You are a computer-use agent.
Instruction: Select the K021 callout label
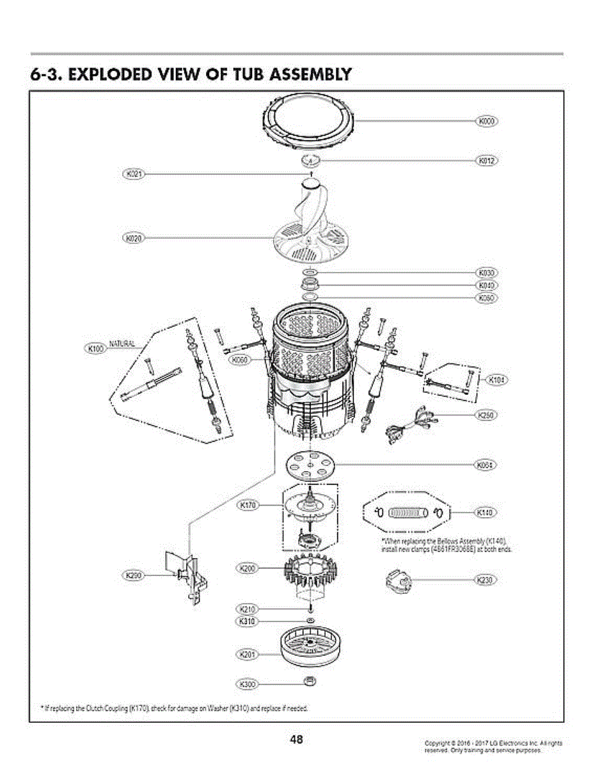tap(133, 173)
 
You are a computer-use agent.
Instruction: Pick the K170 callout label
tap(248, 506)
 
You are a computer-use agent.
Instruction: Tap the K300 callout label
tap(247, 684)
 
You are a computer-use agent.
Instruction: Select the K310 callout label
tap(247, 621)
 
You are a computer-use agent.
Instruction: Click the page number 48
tap(296, 740)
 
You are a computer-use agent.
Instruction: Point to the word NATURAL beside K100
tap(122, 344)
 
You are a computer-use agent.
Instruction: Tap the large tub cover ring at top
tap(310, 121)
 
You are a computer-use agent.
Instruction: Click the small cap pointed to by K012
tap(310, 159)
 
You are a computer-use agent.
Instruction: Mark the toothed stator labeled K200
tap(310, 571)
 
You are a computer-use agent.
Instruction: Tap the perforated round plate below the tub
tap(310, 464)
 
